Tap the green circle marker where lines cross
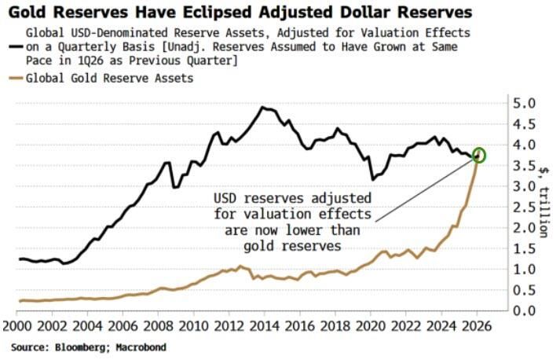coord(480,156)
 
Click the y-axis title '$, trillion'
coord(544,200)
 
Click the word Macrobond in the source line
coord(139,347)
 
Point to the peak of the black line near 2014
coord(263,108)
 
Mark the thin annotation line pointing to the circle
coord(424,189)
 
